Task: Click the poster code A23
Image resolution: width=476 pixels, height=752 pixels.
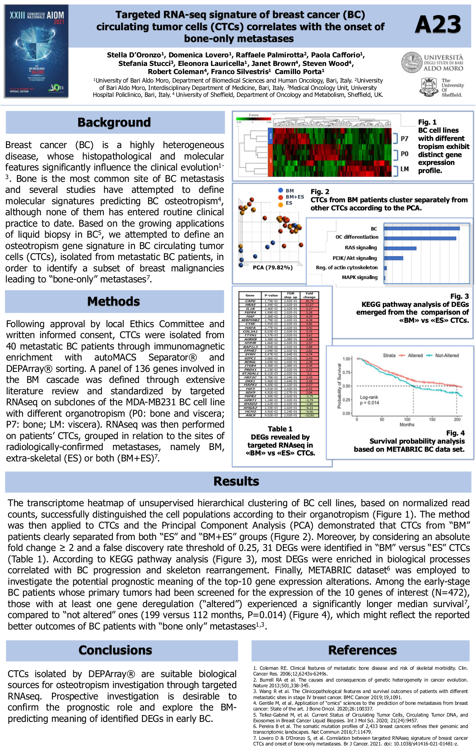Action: coord(438,25)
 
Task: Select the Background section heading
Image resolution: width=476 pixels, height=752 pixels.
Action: coord(114,122)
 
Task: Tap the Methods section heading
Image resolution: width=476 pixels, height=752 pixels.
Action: coord(114,302)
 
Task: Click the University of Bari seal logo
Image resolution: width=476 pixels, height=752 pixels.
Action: coord(412,62)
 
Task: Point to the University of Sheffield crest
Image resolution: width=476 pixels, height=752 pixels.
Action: coord(429,87)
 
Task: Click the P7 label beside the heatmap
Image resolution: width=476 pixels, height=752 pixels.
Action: coord(404,139)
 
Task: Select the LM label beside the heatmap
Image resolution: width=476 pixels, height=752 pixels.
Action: coord(404,169)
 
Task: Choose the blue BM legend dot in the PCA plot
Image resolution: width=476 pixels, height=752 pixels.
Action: coord(281,190)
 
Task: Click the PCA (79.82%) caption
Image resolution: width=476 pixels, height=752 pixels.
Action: coord(272,267)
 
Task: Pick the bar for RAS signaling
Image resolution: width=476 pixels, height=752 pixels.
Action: coord(400,248)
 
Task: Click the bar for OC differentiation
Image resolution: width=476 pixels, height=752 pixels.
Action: coord(420,238)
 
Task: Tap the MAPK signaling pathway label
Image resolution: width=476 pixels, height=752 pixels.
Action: coord(360,278)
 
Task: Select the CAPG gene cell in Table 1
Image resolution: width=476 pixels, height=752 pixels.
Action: coord(250,301)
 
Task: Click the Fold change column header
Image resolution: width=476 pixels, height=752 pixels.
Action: coord(309,295)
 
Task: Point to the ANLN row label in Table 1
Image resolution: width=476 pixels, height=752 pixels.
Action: coord(250,415)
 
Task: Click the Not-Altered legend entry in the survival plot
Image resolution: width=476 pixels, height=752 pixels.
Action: coord(446,355)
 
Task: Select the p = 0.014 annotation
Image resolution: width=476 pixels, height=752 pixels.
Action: coord(369,403)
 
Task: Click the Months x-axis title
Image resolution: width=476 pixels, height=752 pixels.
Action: coord(407,424)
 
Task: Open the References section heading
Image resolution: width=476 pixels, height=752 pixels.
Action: coord(362,650)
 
